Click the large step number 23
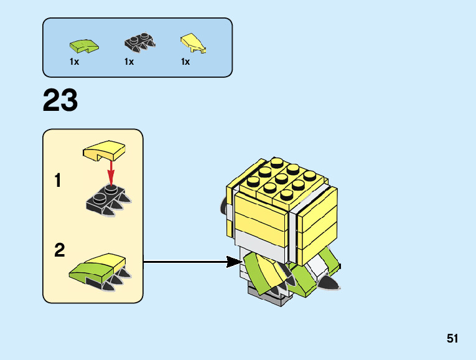(x=60, y=101)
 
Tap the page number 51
(x=452, y=339)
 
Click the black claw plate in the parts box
(x=139, y=42)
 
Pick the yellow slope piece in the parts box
(x=193, y=42)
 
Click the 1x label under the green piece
(x=75, y=62)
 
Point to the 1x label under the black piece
(x=129, y=62)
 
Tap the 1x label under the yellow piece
(x=185, y=62)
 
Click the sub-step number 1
(x=58, y=181)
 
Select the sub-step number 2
(x=59, y=250)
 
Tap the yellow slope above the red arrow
(x=104, y=151)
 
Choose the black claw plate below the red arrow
(x=109, y=198)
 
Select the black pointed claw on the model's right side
(x=329, y=283)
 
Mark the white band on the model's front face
(x=261, y=240)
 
